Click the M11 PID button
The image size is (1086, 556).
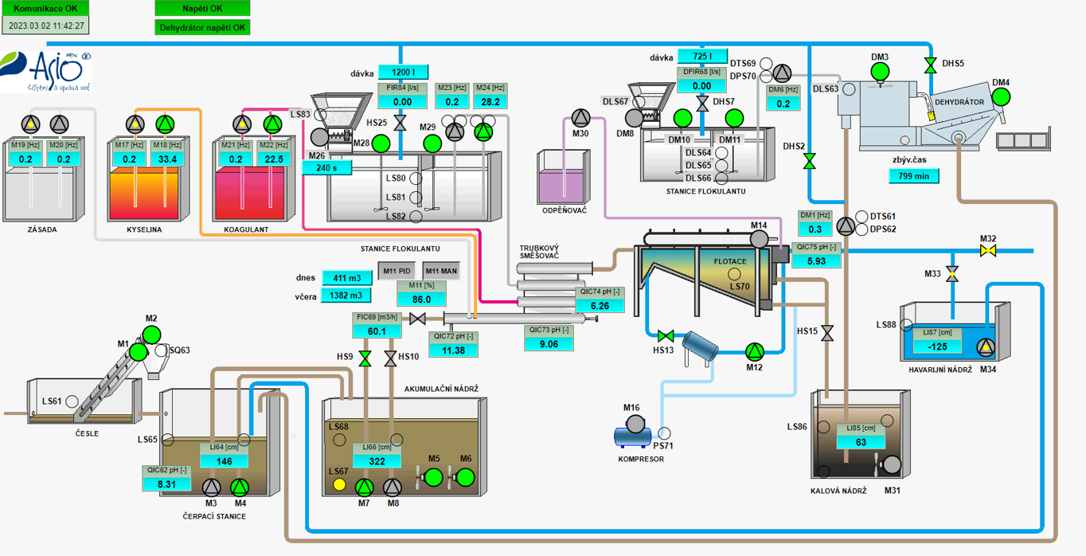[x=397, y=271]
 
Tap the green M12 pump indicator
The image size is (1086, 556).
[x=754, y=350]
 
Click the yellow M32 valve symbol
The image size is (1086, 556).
[x=988, y=251]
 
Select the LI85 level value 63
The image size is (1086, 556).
[x=861, y=442]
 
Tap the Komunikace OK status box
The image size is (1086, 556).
[x=45, y=8]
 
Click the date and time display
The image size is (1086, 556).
[x=45, y=25]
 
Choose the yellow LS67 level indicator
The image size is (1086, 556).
[x=340, y=484]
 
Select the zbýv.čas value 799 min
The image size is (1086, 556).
[x=914, y=176]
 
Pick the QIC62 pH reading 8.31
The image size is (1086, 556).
[x=166, y=484]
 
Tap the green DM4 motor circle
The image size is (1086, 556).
[x=1001, y=96]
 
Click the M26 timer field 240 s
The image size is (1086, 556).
[x=326, y=167]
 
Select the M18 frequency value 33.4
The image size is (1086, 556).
[x=167, y=159]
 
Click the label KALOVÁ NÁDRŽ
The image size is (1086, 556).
[x=838, y=491]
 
